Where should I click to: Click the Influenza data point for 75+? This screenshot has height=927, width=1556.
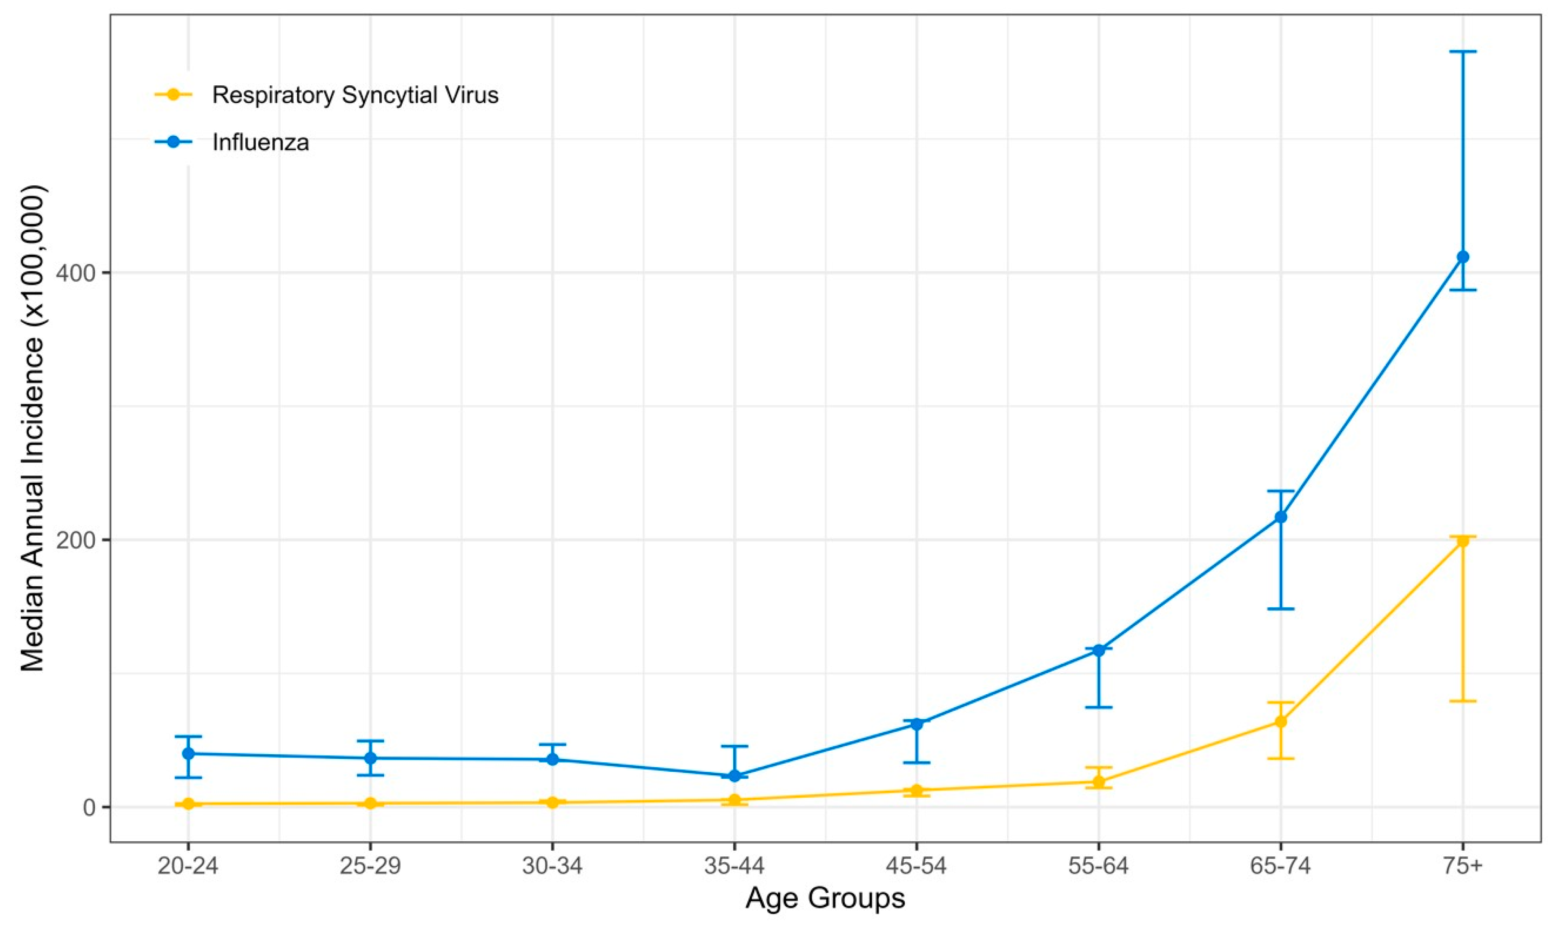click(1462, 257)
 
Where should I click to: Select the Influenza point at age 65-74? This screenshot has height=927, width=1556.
click(1281, 517)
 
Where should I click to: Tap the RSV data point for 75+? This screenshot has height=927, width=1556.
click(1462, 541)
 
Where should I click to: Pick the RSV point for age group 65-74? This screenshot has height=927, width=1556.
click(1281, 721)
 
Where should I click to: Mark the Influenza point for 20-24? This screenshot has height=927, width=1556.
click(188, 753)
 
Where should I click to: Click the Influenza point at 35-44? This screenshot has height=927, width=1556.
click(734, 775)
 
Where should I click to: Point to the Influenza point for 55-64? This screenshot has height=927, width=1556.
click(1099, 650)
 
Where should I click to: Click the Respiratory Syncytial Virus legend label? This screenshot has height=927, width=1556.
click(355, 95)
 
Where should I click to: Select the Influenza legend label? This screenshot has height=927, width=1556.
click(260, 142)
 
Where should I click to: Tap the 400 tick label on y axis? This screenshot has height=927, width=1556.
click(75, 272)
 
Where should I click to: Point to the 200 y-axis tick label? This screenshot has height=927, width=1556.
click(75, 540)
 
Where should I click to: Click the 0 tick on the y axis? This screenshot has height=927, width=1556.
click(89, 807)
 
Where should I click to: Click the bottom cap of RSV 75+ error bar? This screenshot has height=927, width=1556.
click(1462, 701)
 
